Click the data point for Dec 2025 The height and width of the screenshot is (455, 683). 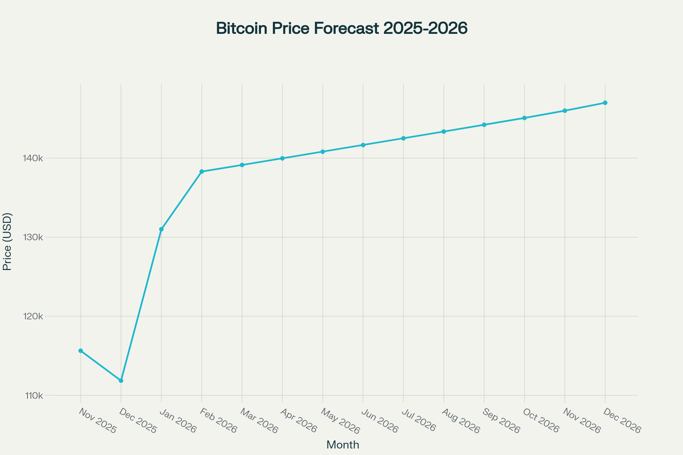(121, 380)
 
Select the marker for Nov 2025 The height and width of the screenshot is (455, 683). (81, 351)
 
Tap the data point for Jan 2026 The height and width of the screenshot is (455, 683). (161, 229)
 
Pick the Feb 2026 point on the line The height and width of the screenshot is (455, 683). (202, 171)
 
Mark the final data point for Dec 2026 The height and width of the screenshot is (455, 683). (605, 103)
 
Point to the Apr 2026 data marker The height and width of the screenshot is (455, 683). (282, 158)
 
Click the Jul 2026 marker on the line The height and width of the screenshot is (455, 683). (403, 138)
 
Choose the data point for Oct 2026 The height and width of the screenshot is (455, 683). (524, 118)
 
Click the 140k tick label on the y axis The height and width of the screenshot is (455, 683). (33, 158)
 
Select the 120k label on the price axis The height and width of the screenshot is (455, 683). (33, 316)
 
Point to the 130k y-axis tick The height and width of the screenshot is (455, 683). (33, 237)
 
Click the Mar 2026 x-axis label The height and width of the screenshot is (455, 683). (259, 421)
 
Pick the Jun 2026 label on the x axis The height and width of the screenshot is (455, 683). (380, 421)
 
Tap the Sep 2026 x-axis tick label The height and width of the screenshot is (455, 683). (501, 421)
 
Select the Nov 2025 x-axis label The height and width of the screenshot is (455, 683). (98, 421)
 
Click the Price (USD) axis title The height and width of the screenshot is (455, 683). (7, 242)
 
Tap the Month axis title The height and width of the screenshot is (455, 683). (343, 445)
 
